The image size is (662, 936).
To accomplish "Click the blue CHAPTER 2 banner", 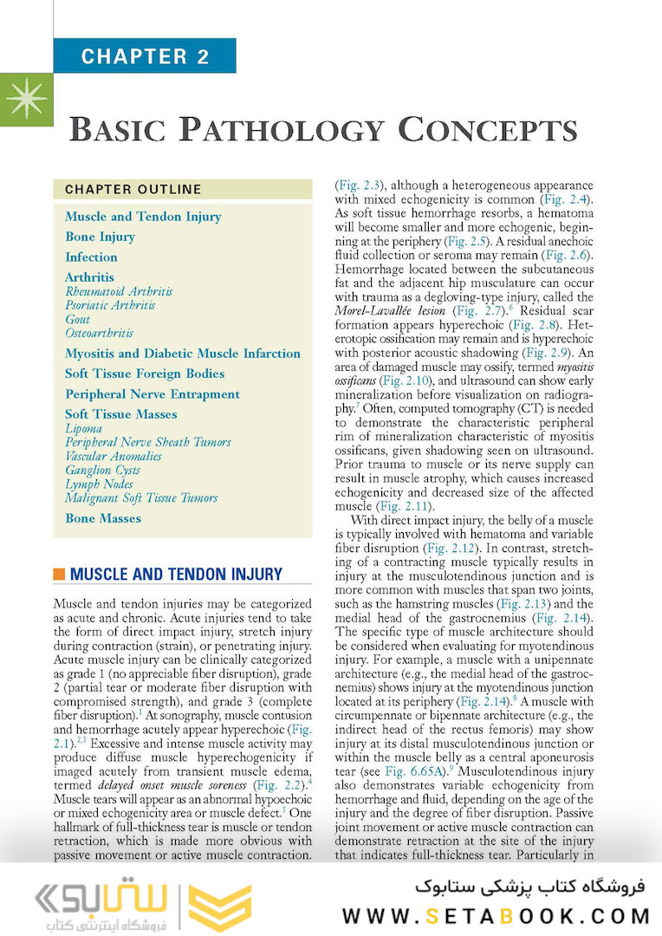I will [x=145, y=57].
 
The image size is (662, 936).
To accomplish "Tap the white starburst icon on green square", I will [x=25, y=101].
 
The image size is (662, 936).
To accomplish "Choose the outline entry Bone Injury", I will [x=100, y=237].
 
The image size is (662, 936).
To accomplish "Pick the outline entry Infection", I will [x=91, y=257].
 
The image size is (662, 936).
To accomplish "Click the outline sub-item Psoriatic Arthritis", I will [x=110, y=305].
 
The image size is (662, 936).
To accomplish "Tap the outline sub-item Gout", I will [x=77, y=319].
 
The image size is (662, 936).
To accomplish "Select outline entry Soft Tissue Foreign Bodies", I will [x=145, y=374].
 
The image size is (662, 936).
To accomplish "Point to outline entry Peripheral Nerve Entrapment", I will [x=153, y=394].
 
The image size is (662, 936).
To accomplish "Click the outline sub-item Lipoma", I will [x=83, y=428].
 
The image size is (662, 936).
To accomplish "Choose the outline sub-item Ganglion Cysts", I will [x=102, y=470].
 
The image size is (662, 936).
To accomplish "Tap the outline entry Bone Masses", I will [x=102, y=518].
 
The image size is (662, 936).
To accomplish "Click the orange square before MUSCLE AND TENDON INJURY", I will [x=59, y=575].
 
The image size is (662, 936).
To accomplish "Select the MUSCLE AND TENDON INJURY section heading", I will [x=175, y=575].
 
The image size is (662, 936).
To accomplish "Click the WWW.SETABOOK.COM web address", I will [x=497, y=915].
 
